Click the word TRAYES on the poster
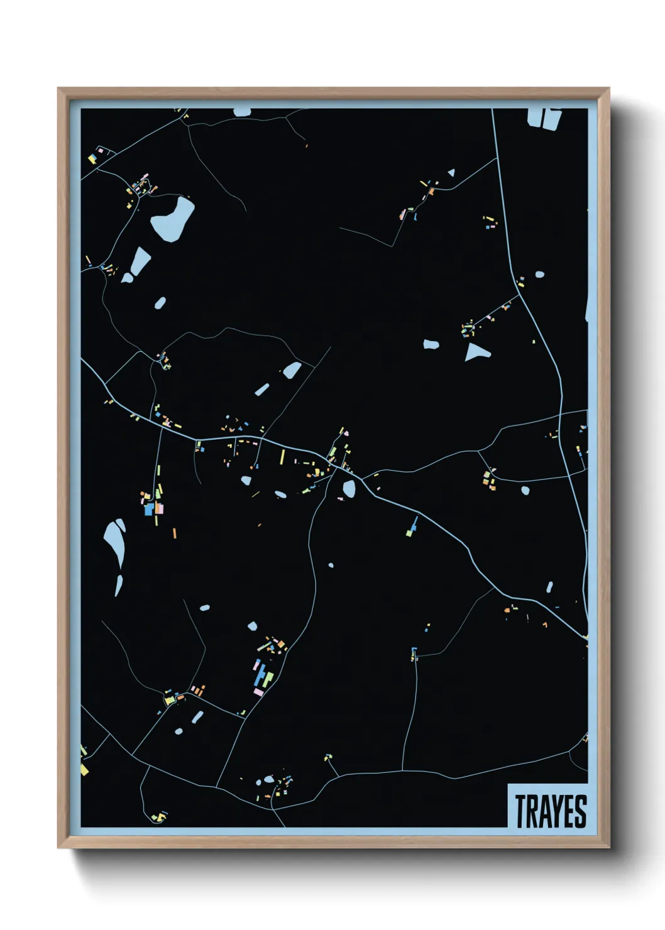pyautogui.click(x=551, y=811)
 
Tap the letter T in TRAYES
pyautogui.click(x=521, y=811)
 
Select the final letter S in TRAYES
pyautogui.click(x=581, y=811)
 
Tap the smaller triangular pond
pyautogui.click(x=451, y=173)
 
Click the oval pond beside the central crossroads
pyautogui.click(x=349, y=488)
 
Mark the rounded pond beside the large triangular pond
pyautogui.click(x=431, y=344)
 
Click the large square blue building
pyautogui.click(x=149, y=510)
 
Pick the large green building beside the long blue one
pyautogui.click(x=268, y=679)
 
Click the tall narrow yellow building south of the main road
pyautogui.click(x=282, y=457)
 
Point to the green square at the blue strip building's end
pyautogui.click(x=410, y=533)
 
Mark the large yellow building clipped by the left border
pyautogui.click(x=84, y=770)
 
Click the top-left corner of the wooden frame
pyautogui.click(x=58, y=89)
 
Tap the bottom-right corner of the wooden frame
pyautogui.click(x=608, y=847)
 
